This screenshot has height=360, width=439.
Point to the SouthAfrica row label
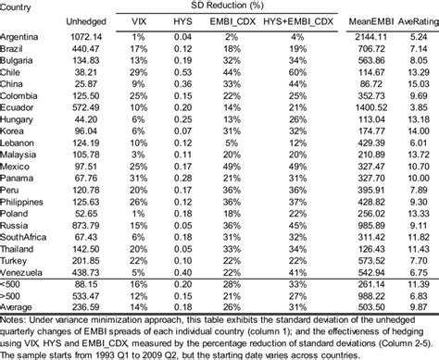[25, 236]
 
